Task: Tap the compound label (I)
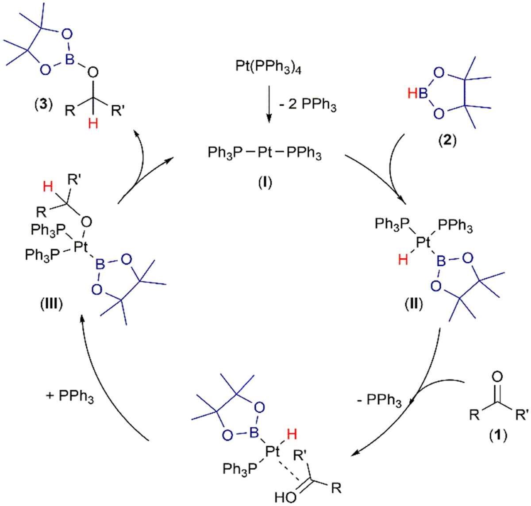tap(265, 182)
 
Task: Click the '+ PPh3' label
tap(70, 396)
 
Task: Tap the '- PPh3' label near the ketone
tap(379, 402)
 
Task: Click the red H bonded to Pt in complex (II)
tap(403, 260)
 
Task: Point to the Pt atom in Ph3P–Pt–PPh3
tap(265, 153)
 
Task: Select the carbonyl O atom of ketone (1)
tap(497, 377)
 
